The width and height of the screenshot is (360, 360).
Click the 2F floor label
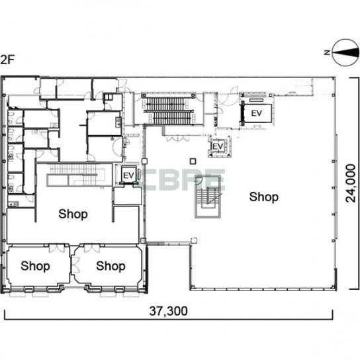[x=7, y=60]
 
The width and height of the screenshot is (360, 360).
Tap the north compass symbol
[x=345, y=52]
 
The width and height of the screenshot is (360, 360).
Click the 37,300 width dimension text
[x=168, y=311]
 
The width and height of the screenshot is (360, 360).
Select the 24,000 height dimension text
[x=350, y=183]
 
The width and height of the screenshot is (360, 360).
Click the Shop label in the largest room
[x=264, y=197]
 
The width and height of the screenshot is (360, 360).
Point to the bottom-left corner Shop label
[x=35, y=266]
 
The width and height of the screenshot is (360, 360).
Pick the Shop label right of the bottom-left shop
[x=111, y=266]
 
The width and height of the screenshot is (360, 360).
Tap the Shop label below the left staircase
[x=73, y=214]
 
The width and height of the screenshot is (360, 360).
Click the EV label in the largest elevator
[x=257, y=113]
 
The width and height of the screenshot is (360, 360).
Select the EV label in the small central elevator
[x=218, y=146]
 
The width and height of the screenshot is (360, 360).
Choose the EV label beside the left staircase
[x=128, y=175]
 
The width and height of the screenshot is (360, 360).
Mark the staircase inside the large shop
[x=208, y=197]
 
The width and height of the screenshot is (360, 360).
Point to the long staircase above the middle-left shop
[x=75, y=175]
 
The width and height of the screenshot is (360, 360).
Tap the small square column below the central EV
[x=193, y=161]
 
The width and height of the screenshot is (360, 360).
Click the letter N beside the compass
[x=327, y=52]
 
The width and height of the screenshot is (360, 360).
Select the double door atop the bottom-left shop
[x=57, y=248]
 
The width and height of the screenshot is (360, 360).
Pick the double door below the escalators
[x=178, y=138]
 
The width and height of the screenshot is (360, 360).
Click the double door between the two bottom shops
[x=75, y=265]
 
